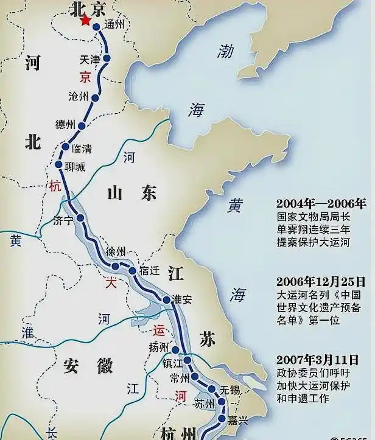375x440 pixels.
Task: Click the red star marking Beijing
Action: point(86,21)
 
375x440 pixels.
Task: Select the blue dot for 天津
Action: point(107,58)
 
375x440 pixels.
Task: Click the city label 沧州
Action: point(79,96)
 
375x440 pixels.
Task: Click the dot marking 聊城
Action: point(59,165)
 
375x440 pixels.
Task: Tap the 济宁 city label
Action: point(63,220)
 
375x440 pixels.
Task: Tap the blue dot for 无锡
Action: point(211,389)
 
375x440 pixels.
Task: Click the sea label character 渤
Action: point(226,52)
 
